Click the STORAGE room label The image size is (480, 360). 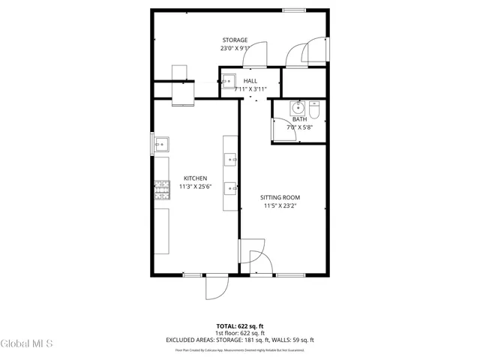(x=235, y=40)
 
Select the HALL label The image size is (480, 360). (x=250, y=80)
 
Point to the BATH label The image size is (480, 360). (x=299, y=119)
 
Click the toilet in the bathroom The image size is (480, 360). (x=316, y=109)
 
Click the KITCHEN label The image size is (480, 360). (x=195, y=178)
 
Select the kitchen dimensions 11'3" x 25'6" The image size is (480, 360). (x=195, y=187)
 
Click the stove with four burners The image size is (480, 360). (x=161, y=191)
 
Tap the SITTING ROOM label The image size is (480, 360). (x=280, y=197)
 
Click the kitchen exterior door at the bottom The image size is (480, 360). (x=217, y=285)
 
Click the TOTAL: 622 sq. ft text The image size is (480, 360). (x=240, y=326)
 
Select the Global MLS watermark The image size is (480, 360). (x=27, y=344)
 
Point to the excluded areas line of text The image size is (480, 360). (x=240, y=340)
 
